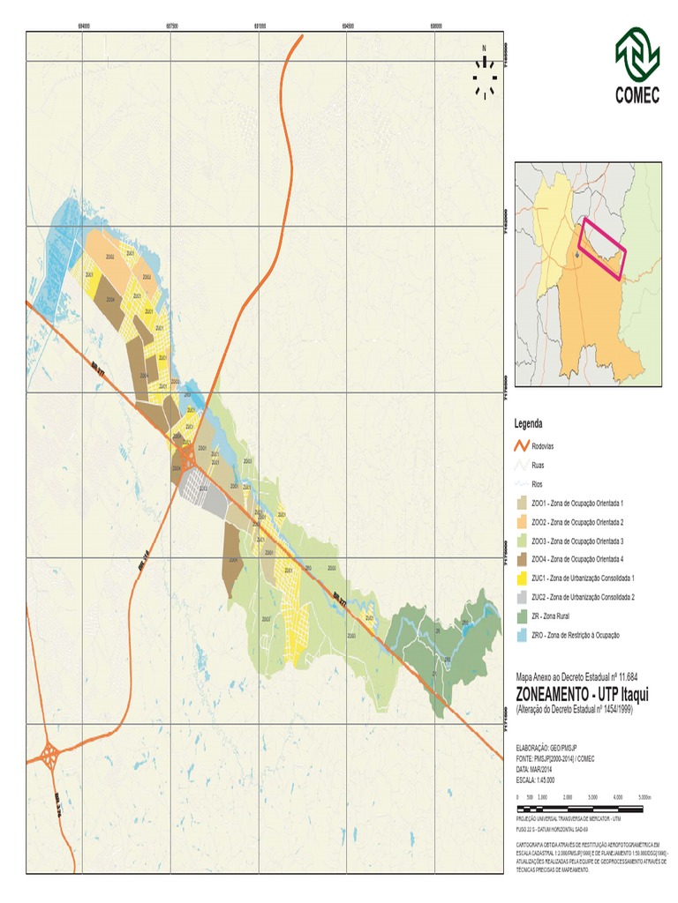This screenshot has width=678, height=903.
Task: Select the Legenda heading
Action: [529, 424]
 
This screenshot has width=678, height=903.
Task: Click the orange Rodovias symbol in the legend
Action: [522, 446]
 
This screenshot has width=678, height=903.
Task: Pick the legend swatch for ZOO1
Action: [522, 503]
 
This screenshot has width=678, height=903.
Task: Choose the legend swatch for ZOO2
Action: [522, 522]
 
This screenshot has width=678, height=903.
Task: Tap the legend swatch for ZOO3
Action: [522, 541]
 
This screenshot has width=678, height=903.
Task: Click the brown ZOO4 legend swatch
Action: [522, 560]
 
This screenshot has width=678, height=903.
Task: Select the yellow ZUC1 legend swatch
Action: [522, 578]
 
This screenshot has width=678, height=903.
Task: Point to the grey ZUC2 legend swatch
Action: [522, 597]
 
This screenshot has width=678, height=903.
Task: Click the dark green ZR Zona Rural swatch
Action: [522, 616]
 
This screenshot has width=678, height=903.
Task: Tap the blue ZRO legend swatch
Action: [522, 635]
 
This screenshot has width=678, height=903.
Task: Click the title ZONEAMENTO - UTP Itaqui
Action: [574, 693]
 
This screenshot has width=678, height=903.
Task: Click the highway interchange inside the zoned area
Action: [186, 456]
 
